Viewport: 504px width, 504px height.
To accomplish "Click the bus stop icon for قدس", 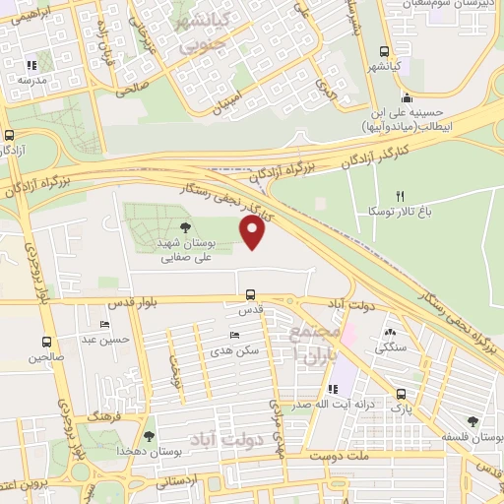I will coord(250,294).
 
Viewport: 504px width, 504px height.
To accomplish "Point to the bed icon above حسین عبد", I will coord(105,324).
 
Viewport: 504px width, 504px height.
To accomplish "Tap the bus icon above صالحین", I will coord(45,343).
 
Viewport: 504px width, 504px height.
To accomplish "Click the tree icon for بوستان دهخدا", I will coord(149,435).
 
